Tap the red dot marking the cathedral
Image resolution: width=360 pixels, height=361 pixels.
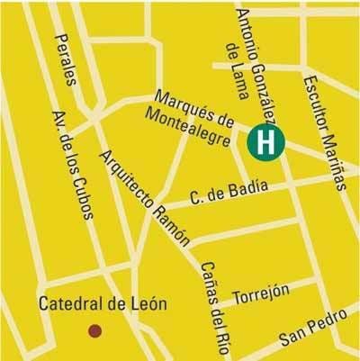coord(93,331)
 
